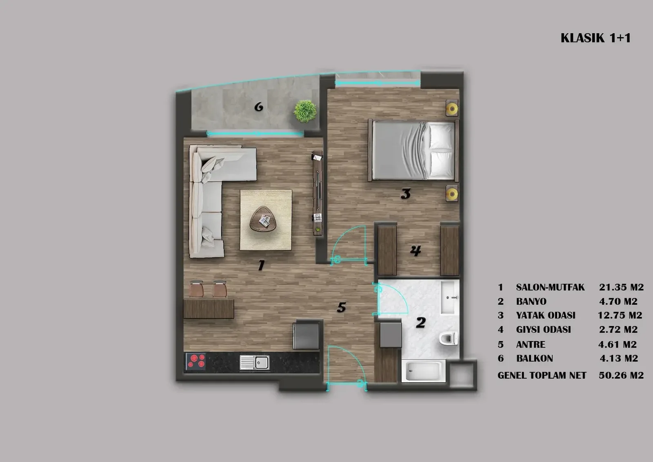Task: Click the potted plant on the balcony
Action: click(x=305, y=111)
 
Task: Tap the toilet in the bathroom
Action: click(x=449, y=338)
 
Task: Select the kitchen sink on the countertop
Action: click(x=255, y=362)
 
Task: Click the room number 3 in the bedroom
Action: click(x=406, y=194)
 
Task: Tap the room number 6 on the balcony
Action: click(x=259, y=107)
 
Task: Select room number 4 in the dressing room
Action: click(x=416, y=250)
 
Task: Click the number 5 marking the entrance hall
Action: click(x=341, y=307)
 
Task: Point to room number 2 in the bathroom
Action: click(x=421, y=322)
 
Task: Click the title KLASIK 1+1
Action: click(x=595, y=38)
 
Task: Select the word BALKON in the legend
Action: click(x=535, y=358)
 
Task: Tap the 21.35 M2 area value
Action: click(x=621, y=287)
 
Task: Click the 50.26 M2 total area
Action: click(x=621, y=375)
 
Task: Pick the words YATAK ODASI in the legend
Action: click(x=546, y=315)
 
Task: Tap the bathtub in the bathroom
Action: click(x=424, y=371)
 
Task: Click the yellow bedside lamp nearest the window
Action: click(x=452, y=109)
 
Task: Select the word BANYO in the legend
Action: click(x=531, y=301)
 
